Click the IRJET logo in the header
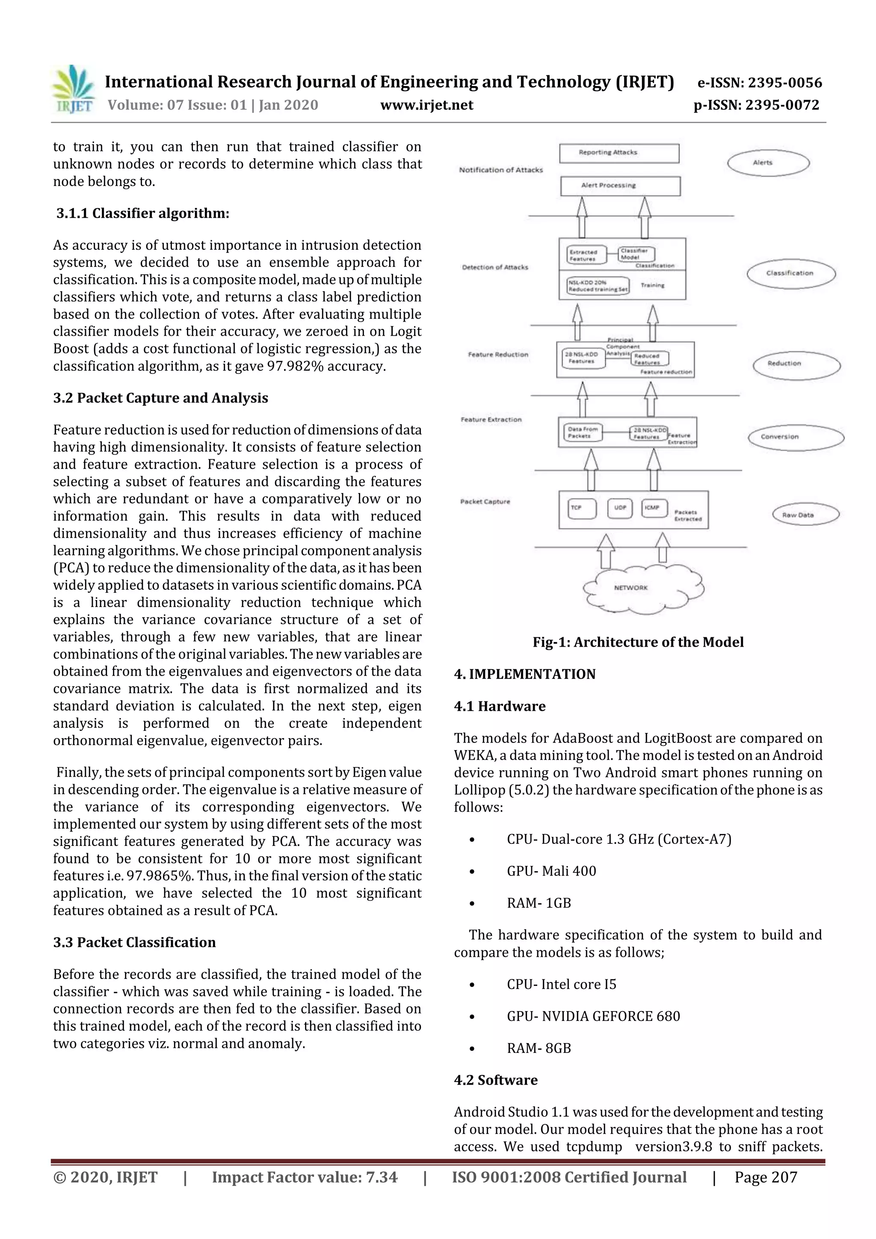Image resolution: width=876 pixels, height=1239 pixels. coord(74,89)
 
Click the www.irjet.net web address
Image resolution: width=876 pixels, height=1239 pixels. coord(426,105)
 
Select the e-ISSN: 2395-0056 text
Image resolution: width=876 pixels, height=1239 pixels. coord(759,83)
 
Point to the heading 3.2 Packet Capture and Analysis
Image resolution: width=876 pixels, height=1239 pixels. coord(160,398)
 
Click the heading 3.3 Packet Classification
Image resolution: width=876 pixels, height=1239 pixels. coord(134,942)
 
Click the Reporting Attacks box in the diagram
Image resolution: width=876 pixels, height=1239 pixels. coord(619,153)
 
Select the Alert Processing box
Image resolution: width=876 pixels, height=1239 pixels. coord(620,186)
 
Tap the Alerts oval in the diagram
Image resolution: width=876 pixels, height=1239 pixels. coord(768,163)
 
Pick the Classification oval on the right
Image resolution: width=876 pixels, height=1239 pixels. coord(791,274)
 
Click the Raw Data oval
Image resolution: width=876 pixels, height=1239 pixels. coord(805,515)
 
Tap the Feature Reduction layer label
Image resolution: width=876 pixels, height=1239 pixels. coord(497,355)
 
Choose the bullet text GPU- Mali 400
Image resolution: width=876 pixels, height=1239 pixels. coord(551,871)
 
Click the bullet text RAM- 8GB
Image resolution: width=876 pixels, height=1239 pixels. coord(538,1048)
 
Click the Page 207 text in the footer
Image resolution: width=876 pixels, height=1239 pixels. coord(765,1177)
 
